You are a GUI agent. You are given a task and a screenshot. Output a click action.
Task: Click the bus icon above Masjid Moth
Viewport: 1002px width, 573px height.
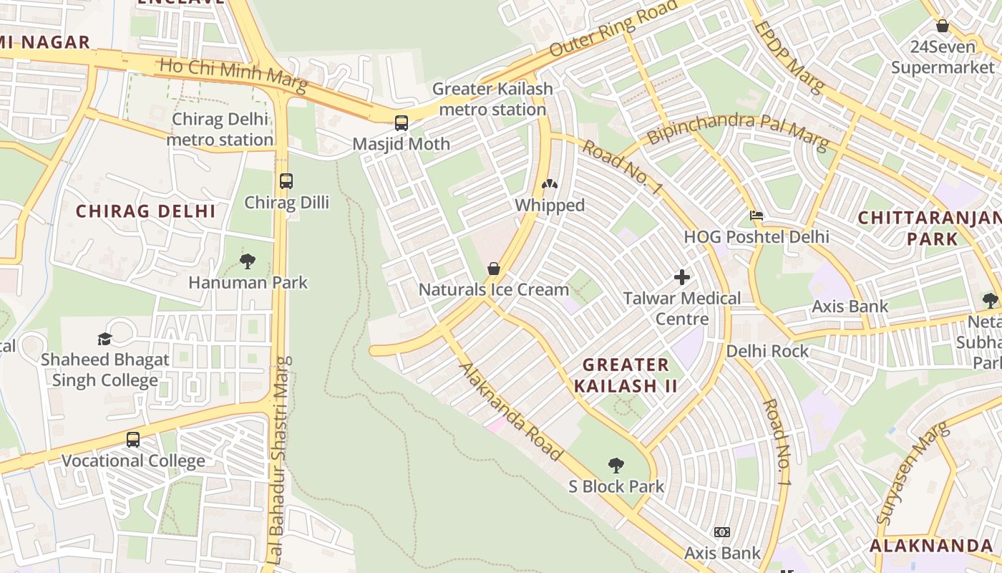point(402,122)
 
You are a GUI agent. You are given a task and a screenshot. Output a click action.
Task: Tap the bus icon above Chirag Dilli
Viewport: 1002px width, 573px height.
point(286,180)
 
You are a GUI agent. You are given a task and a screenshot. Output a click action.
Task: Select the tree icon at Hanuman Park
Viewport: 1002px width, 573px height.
point(248,261)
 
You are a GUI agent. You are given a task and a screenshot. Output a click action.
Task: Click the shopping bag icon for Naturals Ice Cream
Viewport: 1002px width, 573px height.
point(493,269)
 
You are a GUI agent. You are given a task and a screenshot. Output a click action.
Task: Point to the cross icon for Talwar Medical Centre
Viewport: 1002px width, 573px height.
point(682,276)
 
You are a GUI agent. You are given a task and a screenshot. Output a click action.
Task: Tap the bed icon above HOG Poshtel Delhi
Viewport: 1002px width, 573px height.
point(757,216)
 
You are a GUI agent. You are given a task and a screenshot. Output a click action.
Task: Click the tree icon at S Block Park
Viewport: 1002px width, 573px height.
point(616,466)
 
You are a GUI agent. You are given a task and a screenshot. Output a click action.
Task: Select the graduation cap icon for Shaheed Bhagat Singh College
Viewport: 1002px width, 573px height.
point(105,339)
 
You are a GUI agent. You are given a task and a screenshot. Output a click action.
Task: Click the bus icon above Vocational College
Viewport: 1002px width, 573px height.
point(133,439)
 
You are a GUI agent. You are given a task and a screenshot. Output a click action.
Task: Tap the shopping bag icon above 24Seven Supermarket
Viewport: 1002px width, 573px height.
point(943,26)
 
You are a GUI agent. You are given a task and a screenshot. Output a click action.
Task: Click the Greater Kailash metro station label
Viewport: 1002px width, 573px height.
point(492,100)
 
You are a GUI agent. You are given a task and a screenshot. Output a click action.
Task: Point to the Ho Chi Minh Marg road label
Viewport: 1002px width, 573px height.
point(233,75)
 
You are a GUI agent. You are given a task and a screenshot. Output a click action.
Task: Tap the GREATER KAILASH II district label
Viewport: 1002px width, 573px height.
point(626,375)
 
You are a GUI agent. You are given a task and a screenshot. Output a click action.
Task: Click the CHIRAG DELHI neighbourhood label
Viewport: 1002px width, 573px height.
point(146,211)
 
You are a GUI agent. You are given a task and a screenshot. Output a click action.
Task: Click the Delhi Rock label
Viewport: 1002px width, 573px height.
point(767,351)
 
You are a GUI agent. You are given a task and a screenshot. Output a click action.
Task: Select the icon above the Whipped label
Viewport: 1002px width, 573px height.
point(550,185)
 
